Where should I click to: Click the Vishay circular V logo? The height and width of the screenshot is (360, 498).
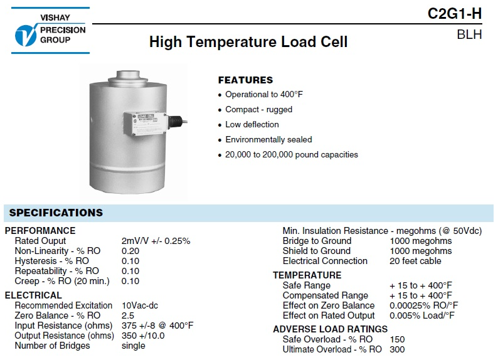[x=26, y=35]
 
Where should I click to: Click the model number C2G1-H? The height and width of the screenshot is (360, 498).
[x=455, y=14]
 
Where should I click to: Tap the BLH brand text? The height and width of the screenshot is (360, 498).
[x=469, y=34]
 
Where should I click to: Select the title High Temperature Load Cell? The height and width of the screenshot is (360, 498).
[x=248, y=42]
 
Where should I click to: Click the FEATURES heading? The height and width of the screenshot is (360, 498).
[x=245, y=80]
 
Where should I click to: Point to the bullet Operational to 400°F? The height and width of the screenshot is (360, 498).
[x=264, y=94]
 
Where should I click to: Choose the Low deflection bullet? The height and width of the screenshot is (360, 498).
[x=252, y=124]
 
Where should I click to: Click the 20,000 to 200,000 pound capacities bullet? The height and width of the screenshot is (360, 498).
[x=292, y=155]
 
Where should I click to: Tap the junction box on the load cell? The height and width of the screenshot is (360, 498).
[x=145, y=123]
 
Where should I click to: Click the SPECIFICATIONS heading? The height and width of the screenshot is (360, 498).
[x=56, y=213]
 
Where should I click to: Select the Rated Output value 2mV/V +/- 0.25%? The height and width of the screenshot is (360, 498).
[x=156, y=241]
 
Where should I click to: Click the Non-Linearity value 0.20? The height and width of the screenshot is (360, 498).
[x=130, y=251]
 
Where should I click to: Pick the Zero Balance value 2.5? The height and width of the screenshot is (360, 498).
[x=128, y=315]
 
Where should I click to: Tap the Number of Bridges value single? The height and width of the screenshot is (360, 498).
[x=134, y=346]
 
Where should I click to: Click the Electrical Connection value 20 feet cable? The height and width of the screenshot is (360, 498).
[x=415, y=261]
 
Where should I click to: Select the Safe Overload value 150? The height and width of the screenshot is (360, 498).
[x=397, y=339]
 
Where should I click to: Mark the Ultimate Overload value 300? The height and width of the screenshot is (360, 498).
[x=397, y=349]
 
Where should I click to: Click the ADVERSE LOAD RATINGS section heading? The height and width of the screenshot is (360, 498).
[x=331, y=329]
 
